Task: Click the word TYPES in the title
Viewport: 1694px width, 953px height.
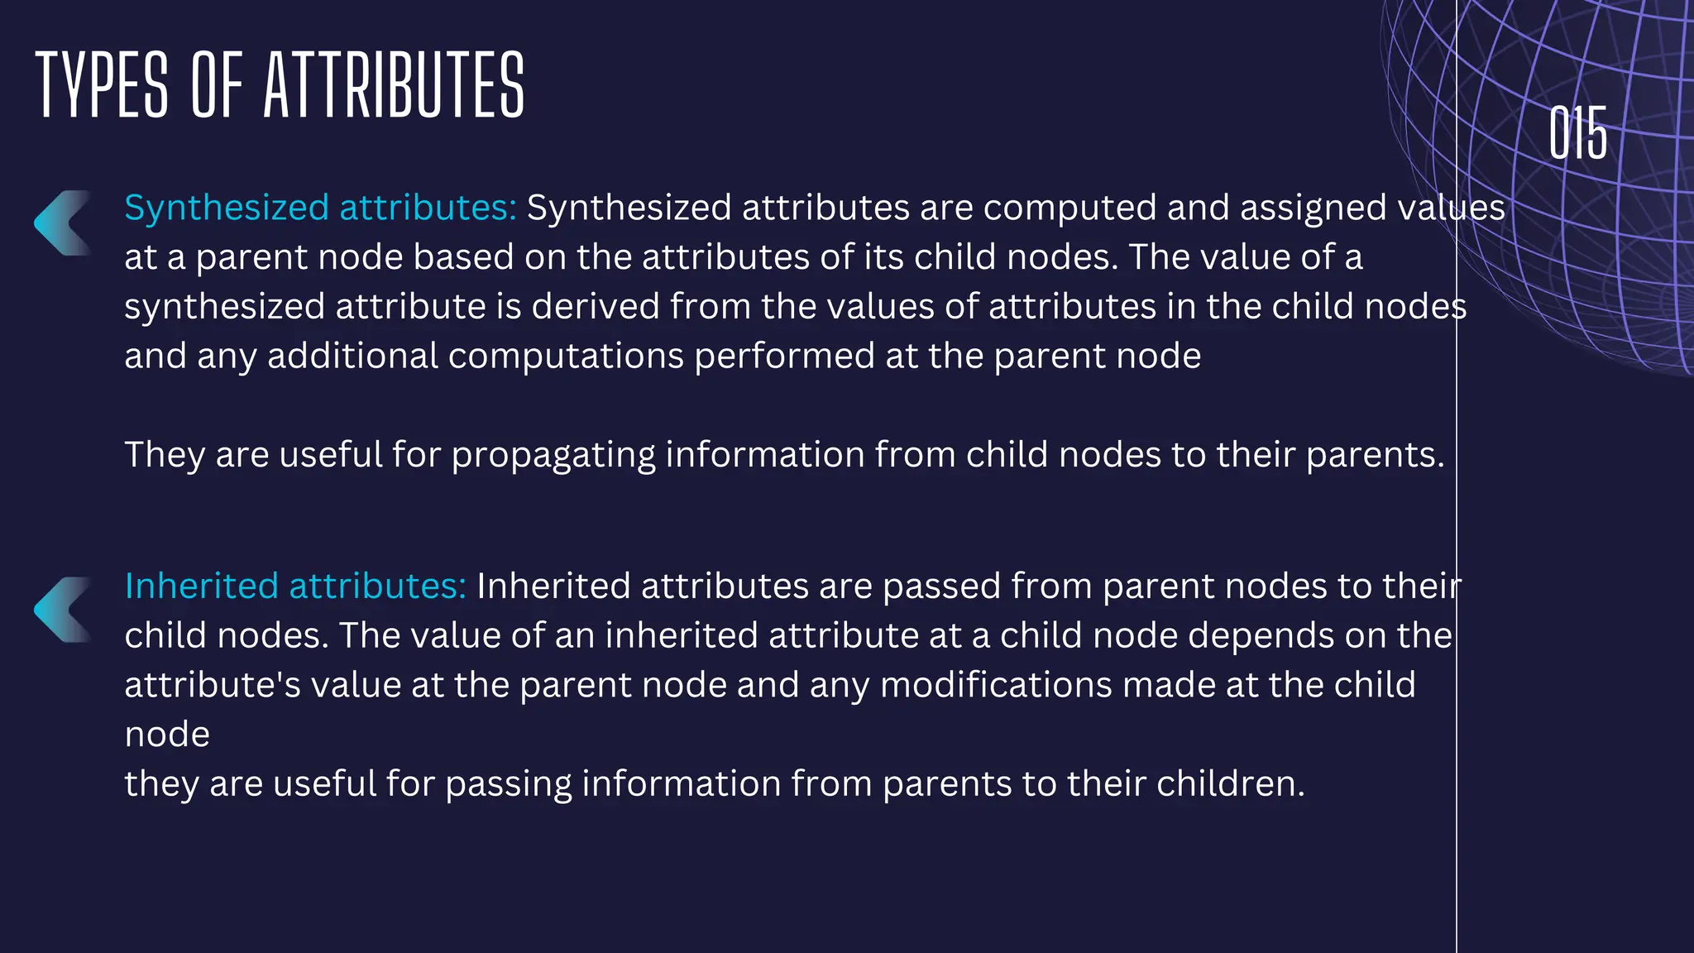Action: [102, 84]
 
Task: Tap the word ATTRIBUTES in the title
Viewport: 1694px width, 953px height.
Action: [394, 84]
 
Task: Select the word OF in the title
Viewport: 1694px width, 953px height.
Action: [217, 84]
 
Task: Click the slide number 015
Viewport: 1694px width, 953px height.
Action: [1577, 132]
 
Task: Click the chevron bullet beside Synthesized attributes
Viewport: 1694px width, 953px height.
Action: [63, 223]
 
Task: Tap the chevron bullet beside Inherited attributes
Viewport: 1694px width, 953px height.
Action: [63, 610]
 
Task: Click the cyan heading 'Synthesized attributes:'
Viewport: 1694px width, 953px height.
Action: [320, 208]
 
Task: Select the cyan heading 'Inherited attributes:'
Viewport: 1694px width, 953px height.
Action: [295, 586]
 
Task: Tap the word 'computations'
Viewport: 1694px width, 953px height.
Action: [566, 357]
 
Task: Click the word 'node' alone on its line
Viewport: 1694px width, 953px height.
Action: [167, 735]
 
